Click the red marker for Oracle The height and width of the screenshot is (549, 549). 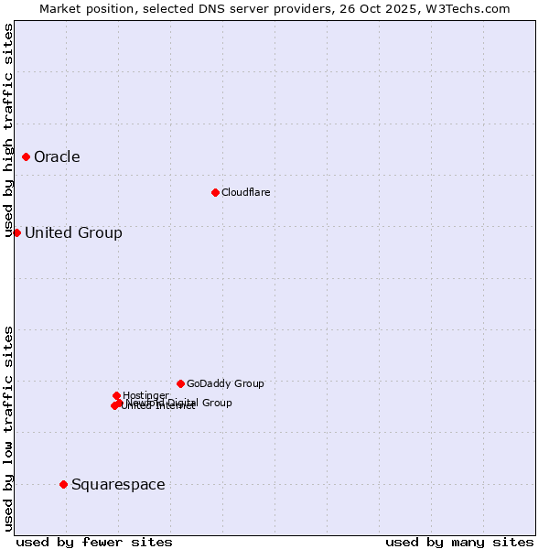pos(26,156)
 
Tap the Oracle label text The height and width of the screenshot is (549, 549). pos(57,156)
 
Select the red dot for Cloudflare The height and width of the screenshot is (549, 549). pos(215,192)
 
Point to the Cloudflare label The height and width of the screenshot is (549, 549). pos(245,192)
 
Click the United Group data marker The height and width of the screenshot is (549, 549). pos(16,232)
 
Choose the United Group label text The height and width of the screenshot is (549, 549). pos(73,232)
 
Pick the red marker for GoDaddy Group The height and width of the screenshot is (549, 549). pos(180,383)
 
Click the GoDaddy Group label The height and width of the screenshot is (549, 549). pos(225,383)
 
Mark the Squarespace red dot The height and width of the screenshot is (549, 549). pos(63,484)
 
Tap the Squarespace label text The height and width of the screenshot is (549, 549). pos(118,484)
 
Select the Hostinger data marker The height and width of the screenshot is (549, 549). pos(116,395)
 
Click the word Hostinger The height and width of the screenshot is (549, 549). pos(145,395)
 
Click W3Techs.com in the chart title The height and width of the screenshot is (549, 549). pos(473,8)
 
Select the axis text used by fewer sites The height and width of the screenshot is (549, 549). pos(94,542)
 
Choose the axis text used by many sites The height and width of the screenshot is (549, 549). pos(459,542)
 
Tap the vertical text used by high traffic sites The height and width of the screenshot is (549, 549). pos(8,130)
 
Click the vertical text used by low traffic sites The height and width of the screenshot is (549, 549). pos(8,428)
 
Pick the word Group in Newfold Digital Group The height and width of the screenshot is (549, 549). pos(216,403)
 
